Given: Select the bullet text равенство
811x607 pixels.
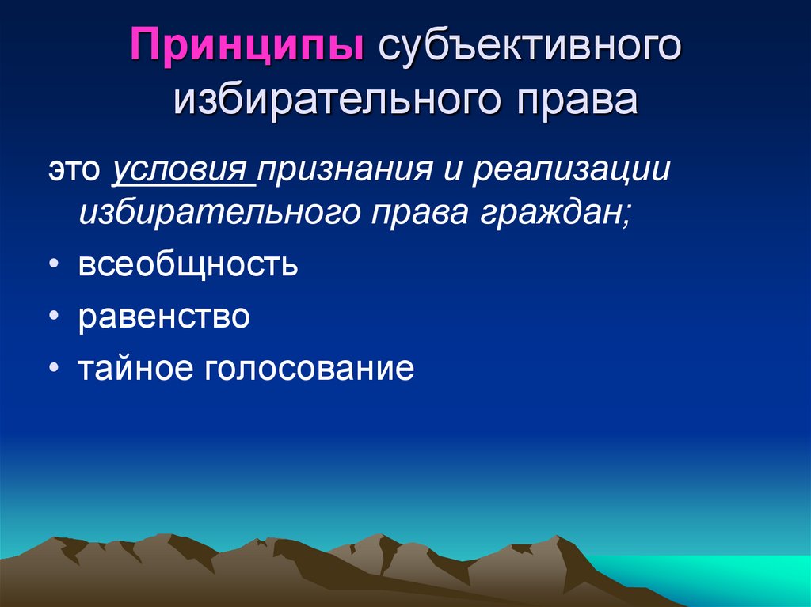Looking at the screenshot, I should (x=164, y=317).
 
